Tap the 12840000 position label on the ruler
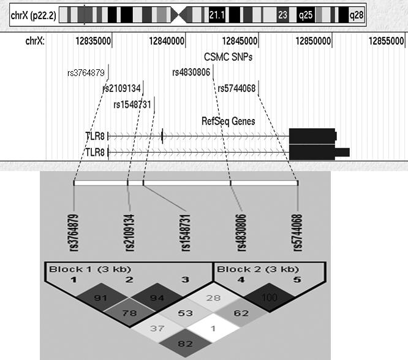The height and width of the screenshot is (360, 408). click(167, 42)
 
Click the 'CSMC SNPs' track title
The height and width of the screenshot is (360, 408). click(229, 57)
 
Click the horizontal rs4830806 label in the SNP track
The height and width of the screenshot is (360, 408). click(191, 72)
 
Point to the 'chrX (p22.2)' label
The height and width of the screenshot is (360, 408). click(34, 14)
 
